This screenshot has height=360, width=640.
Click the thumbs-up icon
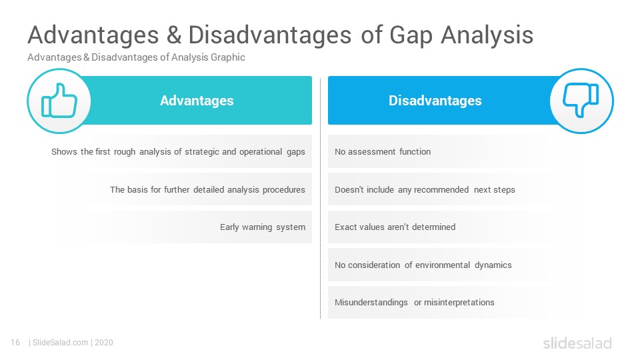[59, 101]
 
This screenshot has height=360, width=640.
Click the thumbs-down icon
[581, 100]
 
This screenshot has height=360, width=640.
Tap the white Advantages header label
[197, 101]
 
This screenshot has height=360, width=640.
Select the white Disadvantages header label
[435, 101]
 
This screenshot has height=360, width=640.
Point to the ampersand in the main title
[174, 35]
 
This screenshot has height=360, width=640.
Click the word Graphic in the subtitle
[228, 57]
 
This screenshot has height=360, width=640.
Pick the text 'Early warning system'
[263, 227]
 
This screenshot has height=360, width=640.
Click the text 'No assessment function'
[383, 152]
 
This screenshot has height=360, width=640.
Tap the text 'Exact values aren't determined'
[395, 227]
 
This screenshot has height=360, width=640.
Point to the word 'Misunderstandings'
[371, 303]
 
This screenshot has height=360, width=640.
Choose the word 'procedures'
[284, 190]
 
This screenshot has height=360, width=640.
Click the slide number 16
[15, 343]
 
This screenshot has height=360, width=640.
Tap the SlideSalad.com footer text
[61, 343]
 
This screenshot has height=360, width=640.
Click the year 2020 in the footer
[104, 343]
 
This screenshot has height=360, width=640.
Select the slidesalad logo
[577, 343]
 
